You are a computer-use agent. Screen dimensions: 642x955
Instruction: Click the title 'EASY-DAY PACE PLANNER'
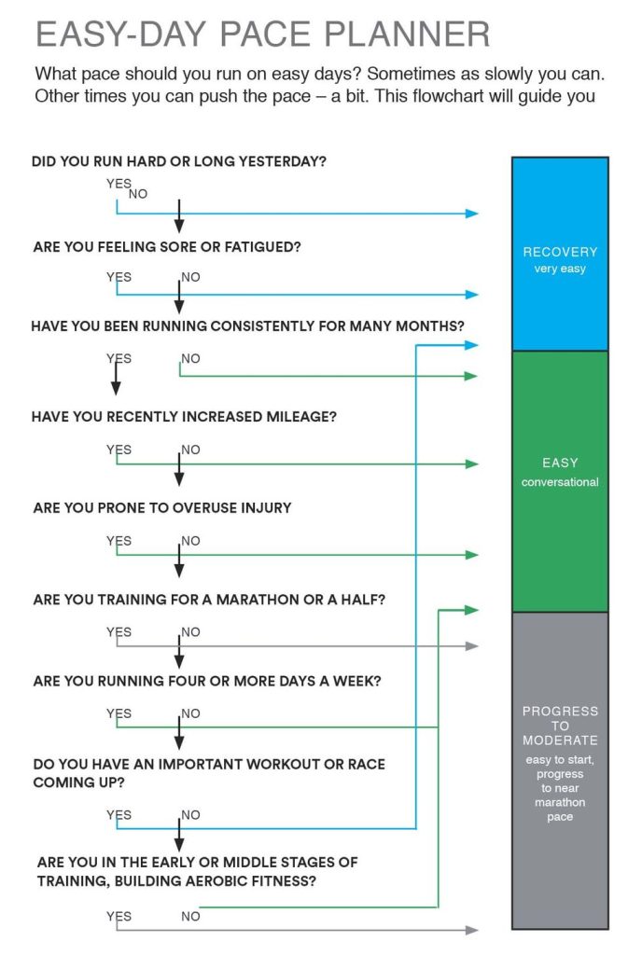pyautogui.click(x=262, y=35)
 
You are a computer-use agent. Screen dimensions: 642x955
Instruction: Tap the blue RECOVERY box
pyautogui.click(x=560, y=254)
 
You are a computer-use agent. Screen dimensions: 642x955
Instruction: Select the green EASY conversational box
pyautogui.click(x=560, y=482)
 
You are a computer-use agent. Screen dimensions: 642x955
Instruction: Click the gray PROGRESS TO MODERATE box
pyautogui.click(x=560, y=770)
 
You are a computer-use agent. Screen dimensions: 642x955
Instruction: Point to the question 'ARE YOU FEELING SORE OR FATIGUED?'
pyautogui.click(x=167, y=246)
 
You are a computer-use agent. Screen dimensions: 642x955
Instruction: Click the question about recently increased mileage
pyautogui.click(x=184, y=417)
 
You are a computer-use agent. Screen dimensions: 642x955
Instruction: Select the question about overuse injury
pyautogui.click(x=162, y=508)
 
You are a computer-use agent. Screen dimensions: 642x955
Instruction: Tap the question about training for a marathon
pyautogui.click(x=209, y=600)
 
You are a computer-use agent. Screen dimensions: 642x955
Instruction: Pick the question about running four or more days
pyautogui.click(x=207, y=681)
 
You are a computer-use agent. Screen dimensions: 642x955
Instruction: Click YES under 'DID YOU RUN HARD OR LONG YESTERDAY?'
pyautogui.click(x=119, y=184)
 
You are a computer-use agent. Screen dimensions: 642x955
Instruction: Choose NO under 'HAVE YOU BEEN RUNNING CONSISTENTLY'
pyautogui.click(x=190, y=359)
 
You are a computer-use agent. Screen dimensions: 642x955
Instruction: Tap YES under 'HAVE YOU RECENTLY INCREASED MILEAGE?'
pyautogui.click(x=119, y=450)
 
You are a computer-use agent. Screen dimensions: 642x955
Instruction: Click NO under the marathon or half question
pyautogui.click(x=190, y=632)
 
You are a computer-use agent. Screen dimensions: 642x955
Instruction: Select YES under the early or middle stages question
pyautogui.click(x=119, y=917)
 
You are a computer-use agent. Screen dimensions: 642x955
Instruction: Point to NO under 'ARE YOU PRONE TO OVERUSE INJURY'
pyautogui.click(x=190, y=541)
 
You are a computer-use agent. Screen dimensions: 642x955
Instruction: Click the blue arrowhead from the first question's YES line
pyautogui.click(x=472, y=214)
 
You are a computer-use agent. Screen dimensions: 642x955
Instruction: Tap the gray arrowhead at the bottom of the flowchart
pyautogui.click(x=472, y=930)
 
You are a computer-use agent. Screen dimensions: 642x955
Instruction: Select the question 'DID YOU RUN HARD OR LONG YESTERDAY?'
pyautogui.click(x=179, y=161)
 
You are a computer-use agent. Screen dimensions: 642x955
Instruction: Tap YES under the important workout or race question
pyautogui.click(x=119, y=815)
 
